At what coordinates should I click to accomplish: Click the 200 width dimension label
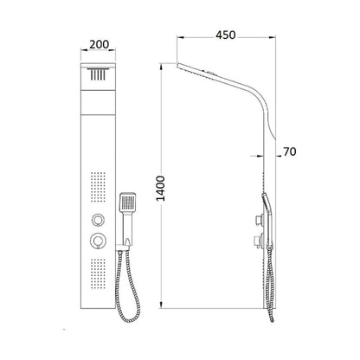pos(99,44)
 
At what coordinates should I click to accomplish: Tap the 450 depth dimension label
pos(226,35)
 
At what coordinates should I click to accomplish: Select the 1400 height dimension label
pos(160,189)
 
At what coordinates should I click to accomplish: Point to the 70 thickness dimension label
pos(290,151)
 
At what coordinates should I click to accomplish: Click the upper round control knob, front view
pos(98,220)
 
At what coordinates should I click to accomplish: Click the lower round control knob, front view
pos(98,241)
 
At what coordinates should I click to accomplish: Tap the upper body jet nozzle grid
pos(98,187)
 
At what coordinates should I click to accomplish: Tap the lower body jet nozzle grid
pos(98,273)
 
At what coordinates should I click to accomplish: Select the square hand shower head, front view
pos(128,202)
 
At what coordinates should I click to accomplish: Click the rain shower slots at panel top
pos(98,74)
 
